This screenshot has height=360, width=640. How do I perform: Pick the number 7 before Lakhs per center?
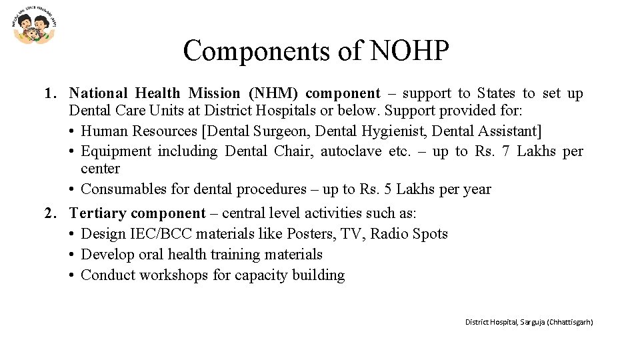pos(505,151)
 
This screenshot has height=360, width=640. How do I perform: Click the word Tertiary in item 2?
pos(97,213)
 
